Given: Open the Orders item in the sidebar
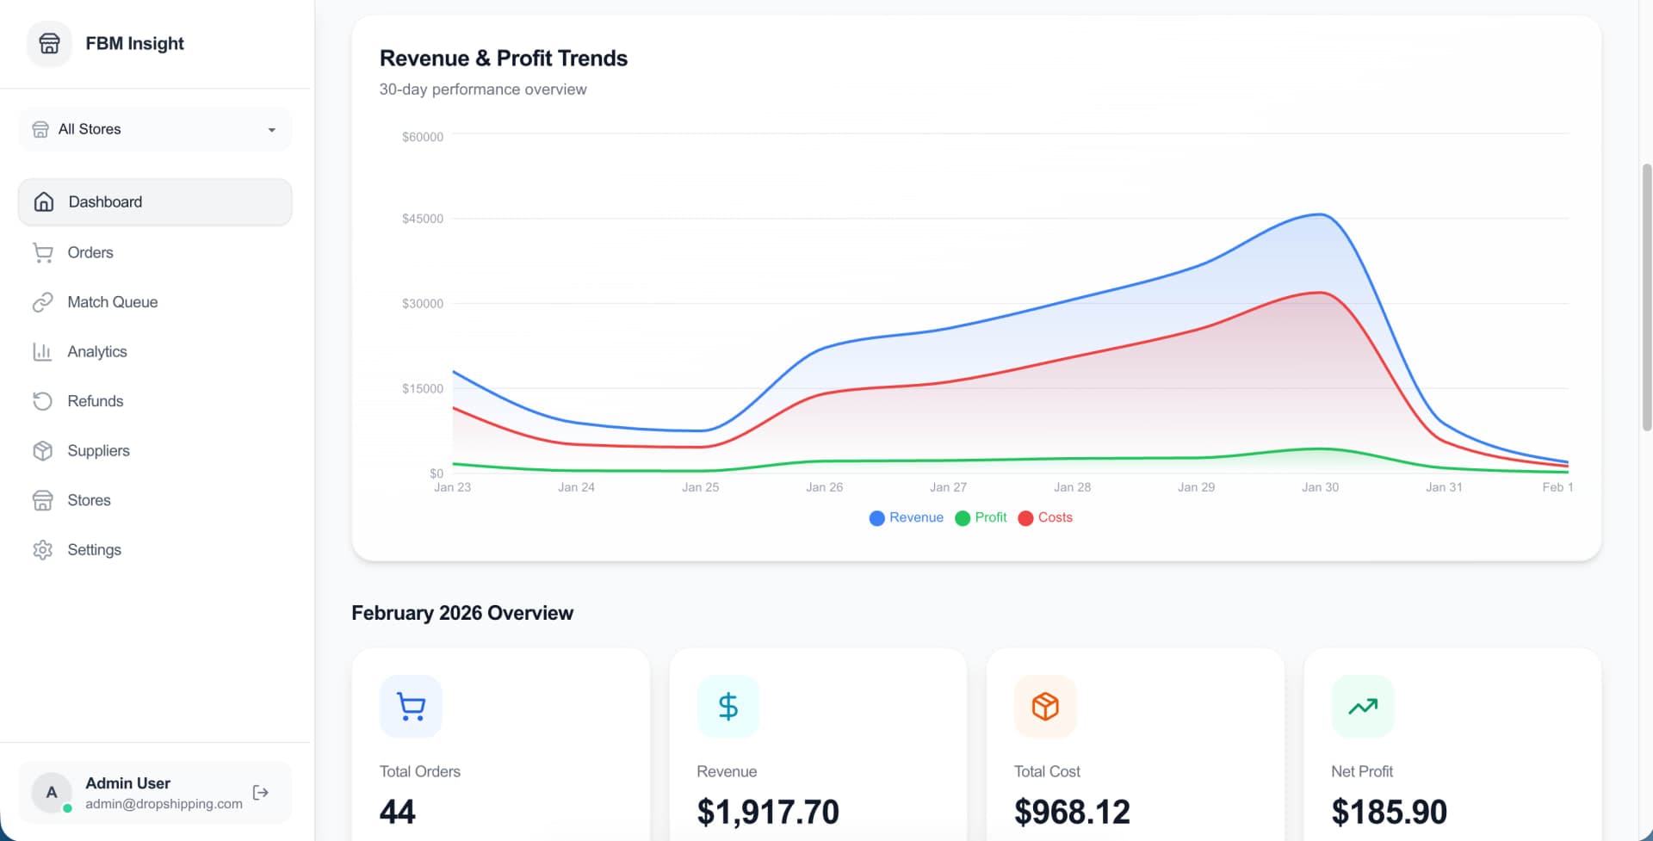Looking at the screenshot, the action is [x=90, y=252].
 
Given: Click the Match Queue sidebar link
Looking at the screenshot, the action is [x=112, y=302].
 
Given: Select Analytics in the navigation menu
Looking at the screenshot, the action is [x=96, y=351].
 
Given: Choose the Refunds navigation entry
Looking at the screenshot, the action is [x=95, y=401].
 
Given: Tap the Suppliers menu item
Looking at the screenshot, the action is [x=98, y=450].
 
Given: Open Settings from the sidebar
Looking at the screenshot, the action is [x=94, y=549].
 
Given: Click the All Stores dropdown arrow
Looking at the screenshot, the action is [x=272, y=130].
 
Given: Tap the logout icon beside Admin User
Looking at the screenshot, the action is [x=261, y=792].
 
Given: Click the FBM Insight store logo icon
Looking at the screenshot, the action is [x=50, y=43].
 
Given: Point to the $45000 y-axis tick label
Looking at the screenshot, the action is [x=422, y=219].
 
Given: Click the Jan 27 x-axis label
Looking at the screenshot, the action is [x=948, y=487].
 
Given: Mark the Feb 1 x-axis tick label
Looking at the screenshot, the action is [x=1557, y=487].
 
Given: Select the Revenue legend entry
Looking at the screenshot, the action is [x=907, y=517].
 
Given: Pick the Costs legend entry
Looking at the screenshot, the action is [x=1045, y=517].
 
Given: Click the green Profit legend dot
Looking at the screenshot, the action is [x=963, y=518].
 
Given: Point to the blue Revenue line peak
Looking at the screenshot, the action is [x=1319, y=214].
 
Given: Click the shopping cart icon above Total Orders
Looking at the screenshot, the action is [x=411, y=706].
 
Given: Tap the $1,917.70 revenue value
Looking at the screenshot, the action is [x=768, y=812].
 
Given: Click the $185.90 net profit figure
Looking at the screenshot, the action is [x=1389, y=812].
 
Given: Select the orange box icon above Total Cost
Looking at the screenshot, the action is [x=1045, y=706].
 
